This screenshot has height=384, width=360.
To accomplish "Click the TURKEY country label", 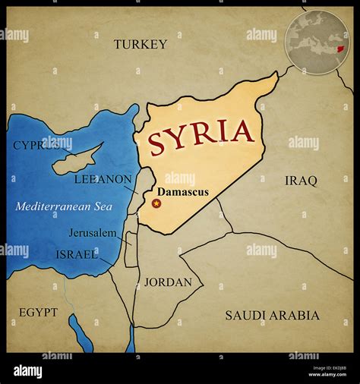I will pyautogui.click(x=141, y=44).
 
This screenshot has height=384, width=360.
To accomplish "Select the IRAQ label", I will pyautogui.click(x=301, y=181).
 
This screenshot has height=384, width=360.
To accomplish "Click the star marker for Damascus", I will pyautogui.click(x=157, y=203).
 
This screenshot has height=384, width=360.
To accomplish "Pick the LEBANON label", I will pyautogui.click(x=103, y=180).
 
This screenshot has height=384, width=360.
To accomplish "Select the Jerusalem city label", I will pyautogui.click(x=93, y=232).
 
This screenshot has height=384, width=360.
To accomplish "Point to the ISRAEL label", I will pyautogui.click(x=77, y=254).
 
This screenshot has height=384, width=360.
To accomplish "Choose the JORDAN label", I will pyautogui.click(x=168, y=282).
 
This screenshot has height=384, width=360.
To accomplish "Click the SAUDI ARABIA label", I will pyautogui.click(x=272, y=315).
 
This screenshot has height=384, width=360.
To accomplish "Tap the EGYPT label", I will pyautogui.click(x=39, y=312).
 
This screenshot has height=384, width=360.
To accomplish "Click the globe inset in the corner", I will pyautogui.click(x=317, y=41).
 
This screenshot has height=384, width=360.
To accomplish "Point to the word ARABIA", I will pyautogui.click(x=292, y=315).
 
